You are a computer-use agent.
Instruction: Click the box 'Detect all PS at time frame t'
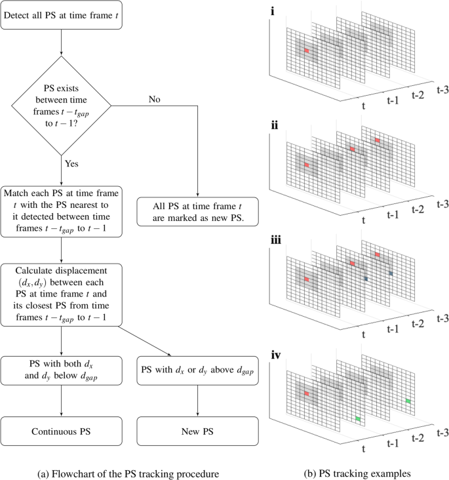(x=61, y=15)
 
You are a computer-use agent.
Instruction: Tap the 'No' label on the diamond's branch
(x=155, y=99)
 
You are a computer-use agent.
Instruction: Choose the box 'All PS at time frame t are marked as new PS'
(x=197, y=211)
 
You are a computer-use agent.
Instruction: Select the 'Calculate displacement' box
(x=61, y=294)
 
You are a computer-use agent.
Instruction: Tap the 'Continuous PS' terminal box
(x=61, y=432)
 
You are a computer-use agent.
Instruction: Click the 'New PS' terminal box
(x=197, y=432)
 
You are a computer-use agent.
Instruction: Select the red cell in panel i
(x=306, y=49)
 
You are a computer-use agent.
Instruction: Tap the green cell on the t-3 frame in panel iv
(x=408, y=400)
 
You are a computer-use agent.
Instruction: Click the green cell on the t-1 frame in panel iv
(x=357, y=418)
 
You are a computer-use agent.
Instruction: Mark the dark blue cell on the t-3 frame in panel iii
(x=391, y=273)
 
